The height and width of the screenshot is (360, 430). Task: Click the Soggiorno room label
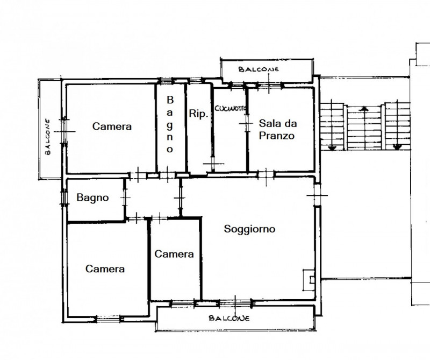(249, 229)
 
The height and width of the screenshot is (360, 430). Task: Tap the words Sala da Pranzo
(277, 129)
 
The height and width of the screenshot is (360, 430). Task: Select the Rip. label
(198, 114)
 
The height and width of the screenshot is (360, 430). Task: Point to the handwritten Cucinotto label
(230, 109)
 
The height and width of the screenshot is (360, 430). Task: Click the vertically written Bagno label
(170, 124)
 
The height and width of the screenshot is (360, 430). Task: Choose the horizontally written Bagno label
(92, 197)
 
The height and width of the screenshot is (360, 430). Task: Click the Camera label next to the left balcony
(112, 126)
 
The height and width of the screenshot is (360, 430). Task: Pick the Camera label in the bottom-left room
(105, 269)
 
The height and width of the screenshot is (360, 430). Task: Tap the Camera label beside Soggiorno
(174, 254)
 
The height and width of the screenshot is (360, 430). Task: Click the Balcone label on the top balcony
(259, 69)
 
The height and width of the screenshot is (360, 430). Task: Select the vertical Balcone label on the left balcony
(48, 137)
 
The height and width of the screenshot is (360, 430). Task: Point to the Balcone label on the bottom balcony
(230, 318)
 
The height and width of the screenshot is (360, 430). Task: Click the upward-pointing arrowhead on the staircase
(364, 109)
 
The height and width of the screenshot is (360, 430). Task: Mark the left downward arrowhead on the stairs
(332, 149)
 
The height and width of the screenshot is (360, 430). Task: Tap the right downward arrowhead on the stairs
(397, 147)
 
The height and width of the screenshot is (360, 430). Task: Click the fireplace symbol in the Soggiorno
(309, 280)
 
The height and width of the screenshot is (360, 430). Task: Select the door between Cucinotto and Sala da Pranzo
(247, 123)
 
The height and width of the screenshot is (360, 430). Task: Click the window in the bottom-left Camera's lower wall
(109, 319)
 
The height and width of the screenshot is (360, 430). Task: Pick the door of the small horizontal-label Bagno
(125, 197)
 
